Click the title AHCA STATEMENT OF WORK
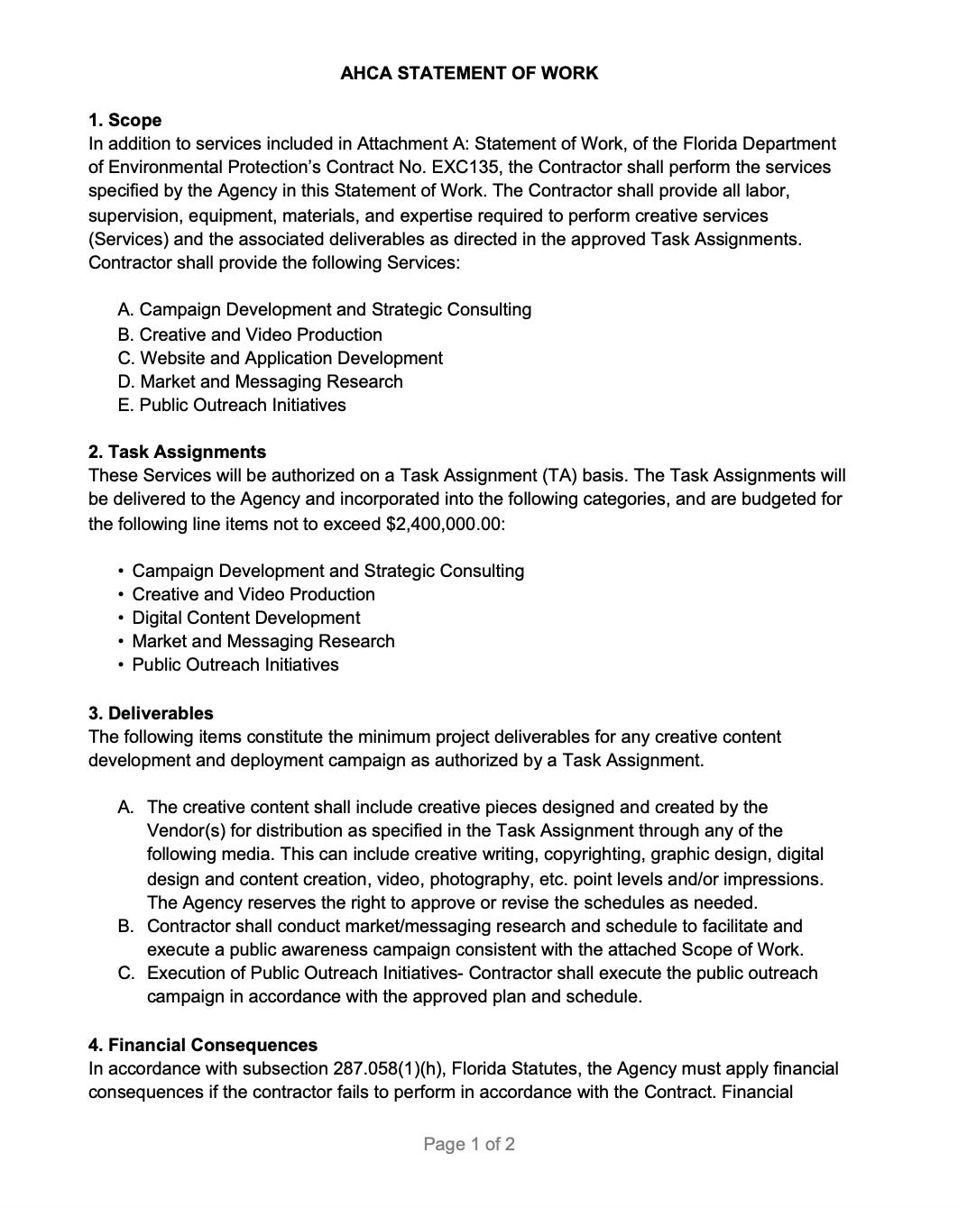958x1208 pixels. point(469,73)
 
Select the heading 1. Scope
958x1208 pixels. point(124,120)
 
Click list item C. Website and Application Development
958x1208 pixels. point(280,358)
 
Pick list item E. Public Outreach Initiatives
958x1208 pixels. point(232,405)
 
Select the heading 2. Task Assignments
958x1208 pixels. point(177,452)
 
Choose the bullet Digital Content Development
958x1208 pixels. point(245,618)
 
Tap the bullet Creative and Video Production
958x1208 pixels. point(253,594)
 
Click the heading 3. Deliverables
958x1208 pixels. point(151,713)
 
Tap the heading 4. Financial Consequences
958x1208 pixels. point(203,1045)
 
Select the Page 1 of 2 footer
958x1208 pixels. point(469,1144)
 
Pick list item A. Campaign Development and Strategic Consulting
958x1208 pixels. point(325,309)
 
